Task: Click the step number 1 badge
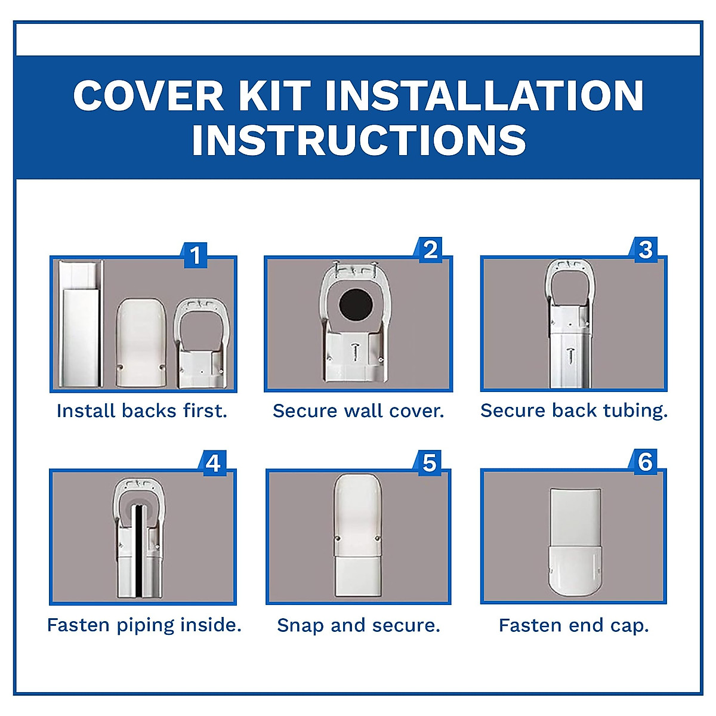[195, 255]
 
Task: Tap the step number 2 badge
[430, 250]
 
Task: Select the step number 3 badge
[645, 249]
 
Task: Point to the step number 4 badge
[213, 463]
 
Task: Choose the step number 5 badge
[429, 463]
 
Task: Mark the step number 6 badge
[645, 462]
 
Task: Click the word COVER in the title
[148, 95]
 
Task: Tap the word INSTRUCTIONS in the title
[359, 141]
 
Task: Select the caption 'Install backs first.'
[142, 411]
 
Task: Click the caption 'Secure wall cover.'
[358, 411]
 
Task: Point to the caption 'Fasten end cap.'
[573, 625]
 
